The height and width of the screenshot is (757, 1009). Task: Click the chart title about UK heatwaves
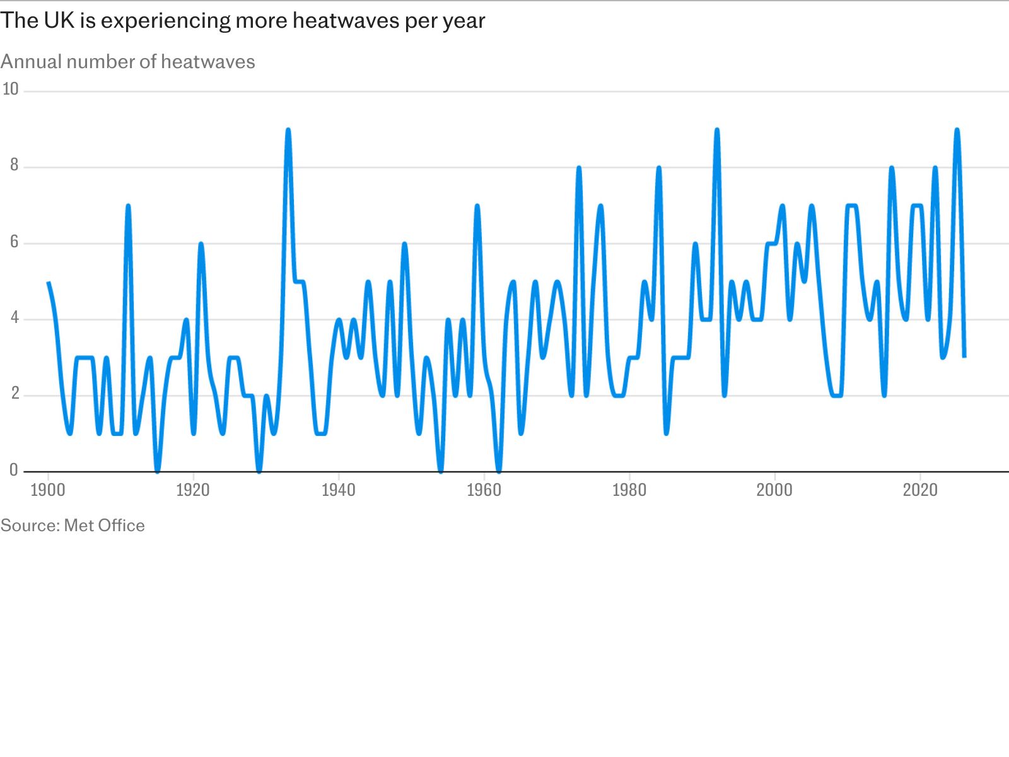[243, 21]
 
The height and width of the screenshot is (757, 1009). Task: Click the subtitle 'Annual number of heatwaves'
[128, 62]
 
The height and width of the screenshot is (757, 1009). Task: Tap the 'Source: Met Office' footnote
[73, 525]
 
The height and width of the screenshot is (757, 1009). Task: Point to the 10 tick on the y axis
[11, 89]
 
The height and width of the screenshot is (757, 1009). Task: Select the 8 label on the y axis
[15, 165]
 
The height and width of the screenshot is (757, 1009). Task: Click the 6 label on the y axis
[15, 242]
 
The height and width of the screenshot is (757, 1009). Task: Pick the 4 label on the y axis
[15, 317]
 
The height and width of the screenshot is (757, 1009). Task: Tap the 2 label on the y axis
[15, 394]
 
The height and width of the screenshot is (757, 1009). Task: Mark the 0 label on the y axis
[15, 469]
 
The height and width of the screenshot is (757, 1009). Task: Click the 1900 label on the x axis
[48, 490]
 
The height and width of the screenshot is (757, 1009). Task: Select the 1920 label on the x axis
[193, 490]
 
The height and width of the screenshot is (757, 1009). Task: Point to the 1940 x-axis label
[338, 490]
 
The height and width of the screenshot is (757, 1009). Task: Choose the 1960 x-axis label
[484, 490]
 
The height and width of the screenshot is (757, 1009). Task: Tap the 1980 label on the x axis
[629, 490]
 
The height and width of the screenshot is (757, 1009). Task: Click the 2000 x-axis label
[774, 490]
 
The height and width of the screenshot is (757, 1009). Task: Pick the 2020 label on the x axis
[920, 490]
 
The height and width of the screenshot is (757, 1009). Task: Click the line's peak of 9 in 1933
[288, 130]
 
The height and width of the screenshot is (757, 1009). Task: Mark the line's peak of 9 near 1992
[717, 130]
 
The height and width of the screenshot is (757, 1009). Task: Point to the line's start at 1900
[48, 282]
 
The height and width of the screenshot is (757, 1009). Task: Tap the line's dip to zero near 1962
[499, 471]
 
